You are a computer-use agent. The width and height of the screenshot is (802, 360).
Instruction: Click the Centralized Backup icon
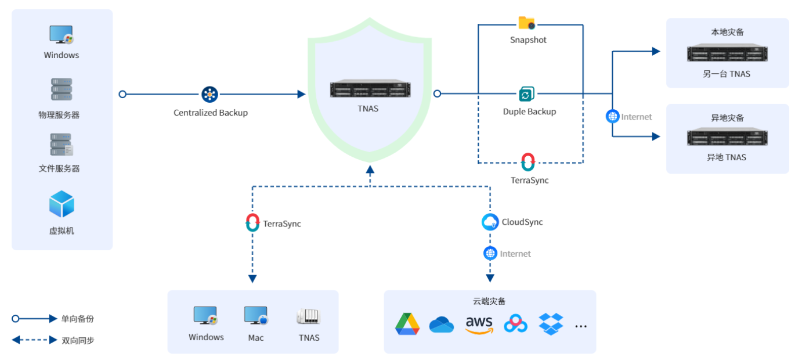click(209, 94)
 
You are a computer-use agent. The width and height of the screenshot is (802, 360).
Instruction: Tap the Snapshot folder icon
click(526, 23)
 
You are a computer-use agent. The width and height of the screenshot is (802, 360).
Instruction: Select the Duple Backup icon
click(526, 94)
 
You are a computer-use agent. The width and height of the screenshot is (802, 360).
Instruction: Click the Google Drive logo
click(407, 324)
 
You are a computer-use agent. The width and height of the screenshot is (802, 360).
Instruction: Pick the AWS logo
click(479, 325)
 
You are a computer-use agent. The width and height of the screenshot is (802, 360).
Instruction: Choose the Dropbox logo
click(551, 323)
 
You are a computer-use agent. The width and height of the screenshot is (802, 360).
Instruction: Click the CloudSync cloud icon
click(490, 222)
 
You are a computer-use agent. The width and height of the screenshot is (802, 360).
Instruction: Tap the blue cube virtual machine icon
click(62, 204)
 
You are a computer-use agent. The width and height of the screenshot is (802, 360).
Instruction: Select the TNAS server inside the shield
click(370, 89)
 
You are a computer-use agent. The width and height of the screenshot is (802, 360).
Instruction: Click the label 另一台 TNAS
click(727, 74)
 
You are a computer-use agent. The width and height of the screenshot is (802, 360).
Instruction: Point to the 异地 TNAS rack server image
click(727, 138)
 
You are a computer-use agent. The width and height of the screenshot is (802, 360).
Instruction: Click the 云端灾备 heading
click(489, 301)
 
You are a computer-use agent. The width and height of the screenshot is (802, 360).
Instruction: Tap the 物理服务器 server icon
click(62, 89)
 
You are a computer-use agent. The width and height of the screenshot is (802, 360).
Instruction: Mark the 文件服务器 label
click(59, 168)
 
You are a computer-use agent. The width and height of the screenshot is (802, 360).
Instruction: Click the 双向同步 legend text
click(78, 340)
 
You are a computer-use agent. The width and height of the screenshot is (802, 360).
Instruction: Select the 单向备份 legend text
click(78, 319)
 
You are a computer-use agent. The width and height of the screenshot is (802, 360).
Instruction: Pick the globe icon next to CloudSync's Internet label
click(490, 253)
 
